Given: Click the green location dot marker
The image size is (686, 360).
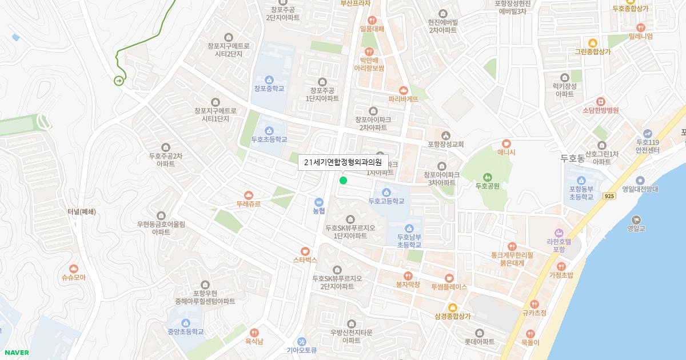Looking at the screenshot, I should coord(343,181).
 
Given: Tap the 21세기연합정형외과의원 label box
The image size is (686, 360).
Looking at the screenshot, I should coord(343,162).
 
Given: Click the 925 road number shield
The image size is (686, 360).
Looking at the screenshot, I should coord(609,196).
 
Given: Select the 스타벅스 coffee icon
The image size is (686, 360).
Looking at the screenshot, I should coord(305,251).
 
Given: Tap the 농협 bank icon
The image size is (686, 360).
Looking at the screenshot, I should coord(319,202).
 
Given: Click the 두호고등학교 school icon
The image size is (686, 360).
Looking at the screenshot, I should coord(386,192).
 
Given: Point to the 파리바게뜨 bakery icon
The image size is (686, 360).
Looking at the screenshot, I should coord(404,90).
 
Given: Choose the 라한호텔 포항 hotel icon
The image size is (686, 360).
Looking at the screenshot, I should coord(560,233).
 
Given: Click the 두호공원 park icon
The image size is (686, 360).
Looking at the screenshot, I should coord(488,177).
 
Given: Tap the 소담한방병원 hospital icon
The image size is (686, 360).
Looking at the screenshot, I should coord(600,101).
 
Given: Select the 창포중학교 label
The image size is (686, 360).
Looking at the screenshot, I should coord(269,89).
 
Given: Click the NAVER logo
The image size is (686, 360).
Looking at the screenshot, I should coord(17,353).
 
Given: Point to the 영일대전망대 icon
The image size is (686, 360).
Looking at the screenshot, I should coord(640,180).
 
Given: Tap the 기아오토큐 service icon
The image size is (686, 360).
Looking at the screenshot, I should coord(302,341).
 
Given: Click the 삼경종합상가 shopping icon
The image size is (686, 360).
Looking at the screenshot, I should coord(453,307).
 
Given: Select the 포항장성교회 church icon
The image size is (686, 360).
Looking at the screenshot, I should coord(446,135).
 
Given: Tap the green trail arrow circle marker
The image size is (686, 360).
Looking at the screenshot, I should coord(119,81).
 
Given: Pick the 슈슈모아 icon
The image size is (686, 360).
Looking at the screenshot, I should coord(74,269).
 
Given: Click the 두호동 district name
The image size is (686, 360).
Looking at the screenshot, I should coord(572,158).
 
